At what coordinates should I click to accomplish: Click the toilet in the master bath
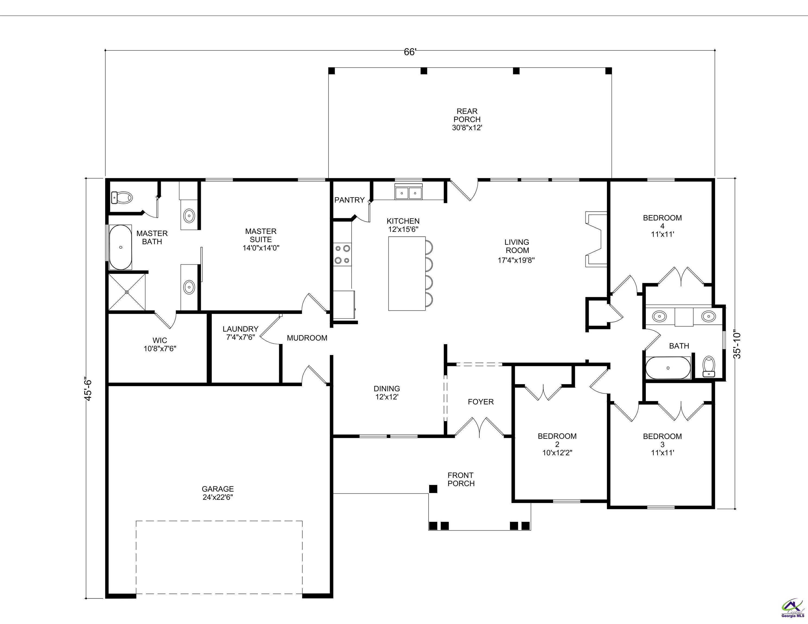[x=122, y=197]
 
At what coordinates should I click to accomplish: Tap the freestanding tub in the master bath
[x=120, y=247]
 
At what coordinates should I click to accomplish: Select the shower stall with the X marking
[x=127, y=292]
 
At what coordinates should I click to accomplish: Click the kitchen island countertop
[x=406, y=274]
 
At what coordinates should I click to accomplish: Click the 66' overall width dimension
[x=410, y=52]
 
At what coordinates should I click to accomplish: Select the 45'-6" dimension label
[x=88, y=389]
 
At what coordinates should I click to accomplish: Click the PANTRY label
[x=349, y=200]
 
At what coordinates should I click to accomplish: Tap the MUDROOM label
[x=307, y=338]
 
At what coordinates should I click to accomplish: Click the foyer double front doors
[x=479, y=428]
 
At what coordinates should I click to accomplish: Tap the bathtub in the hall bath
[x=668, y=368]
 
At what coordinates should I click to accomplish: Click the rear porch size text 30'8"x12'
[x=467, y=128]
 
